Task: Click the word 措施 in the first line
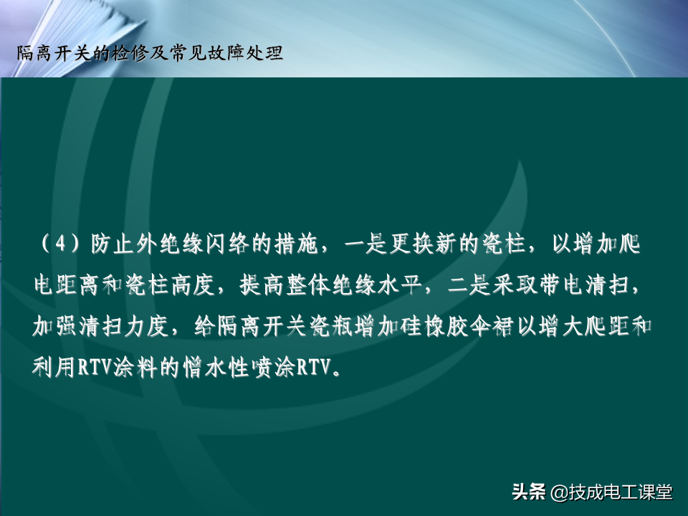(297, 244)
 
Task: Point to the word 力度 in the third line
(147, 327)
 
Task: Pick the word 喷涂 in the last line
(273, 368)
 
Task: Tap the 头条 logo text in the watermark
(529, 492)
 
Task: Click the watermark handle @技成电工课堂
(611, 492)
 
